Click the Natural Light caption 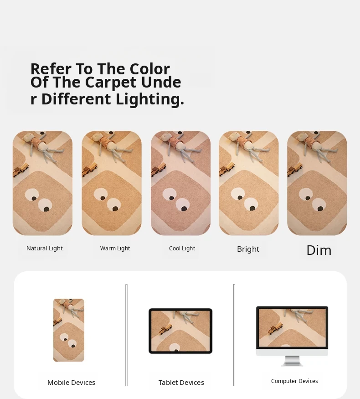click(x=45, y=249)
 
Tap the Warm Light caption click(x=115, y=249)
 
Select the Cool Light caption click(x=182, y=249)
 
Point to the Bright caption click(x=248, y=249)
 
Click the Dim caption click(x=319, y=250)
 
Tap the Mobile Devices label click(x=71, y=383)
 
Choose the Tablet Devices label click(x=181, y=383)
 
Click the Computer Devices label click(x=294, y=381)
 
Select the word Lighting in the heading click(x=150, y=99)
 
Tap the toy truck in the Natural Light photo click(x=21, y=170)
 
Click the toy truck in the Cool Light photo click(x=159, y=170)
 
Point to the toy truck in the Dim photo click(x=295, y=170)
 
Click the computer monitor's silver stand click(x=292, y=361)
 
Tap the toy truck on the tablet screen click(x=165, y=329)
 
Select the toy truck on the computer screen click(x=276, y=328)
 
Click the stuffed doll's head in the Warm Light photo click(x=96, y=137)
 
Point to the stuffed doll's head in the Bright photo click(x=233, y=137)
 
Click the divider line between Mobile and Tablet click(x=126, y=335)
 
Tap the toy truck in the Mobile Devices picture click(x=57, y=321)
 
